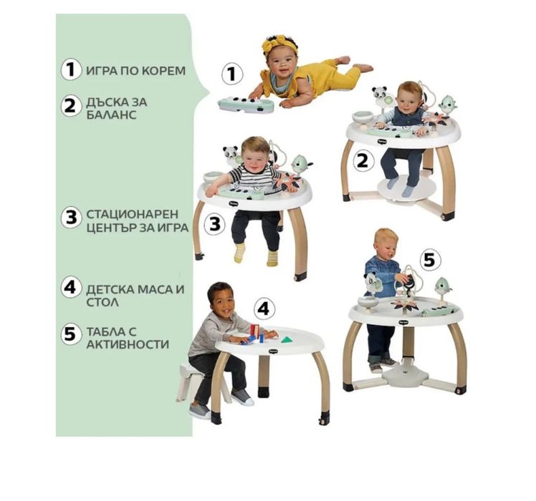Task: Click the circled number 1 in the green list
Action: [71, 69]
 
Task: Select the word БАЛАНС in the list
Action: [111, 115]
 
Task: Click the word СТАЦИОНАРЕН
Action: [133, 214]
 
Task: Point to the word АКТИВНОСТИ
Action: [128, 344]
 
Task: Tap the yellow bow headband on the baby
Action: [279, 44]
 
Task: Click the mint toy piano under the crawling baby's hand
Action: [246, 104]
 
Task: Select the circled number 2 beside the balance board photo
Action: [363, 160]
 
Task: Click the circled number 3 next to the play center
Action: [215, 224]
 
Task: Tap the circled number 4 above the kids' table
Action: [264, 308]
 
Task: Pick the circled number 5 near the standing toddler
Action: [429, 261]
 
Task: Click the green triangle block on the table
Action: [285, 339]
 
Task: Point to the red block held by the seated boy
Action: [255, 330]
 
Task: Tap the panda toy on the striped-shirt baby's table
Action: [230, 155]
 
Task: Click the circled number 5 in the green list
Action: [71, 334]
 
